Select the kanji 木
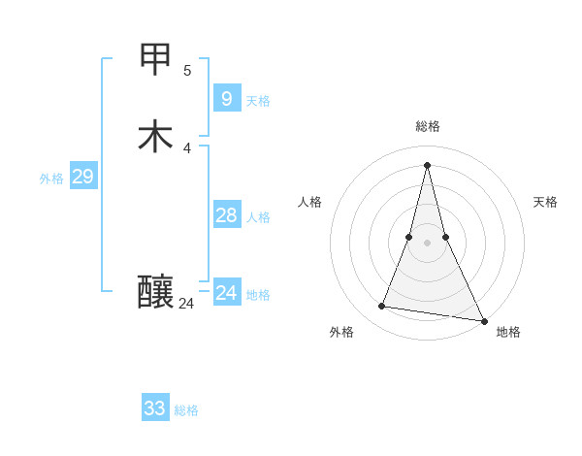[x=155, y=136]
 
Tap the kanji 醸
[x=155, y=291]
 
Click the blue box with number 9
[x=226, y=98]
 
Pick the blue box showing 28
[x=226, y=215]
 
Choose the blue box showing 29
[x=82, y=177]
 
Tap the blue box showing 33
[x=155, y=408]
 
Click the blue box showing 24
[x=226, y=292]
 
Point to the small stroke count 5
[x=187, y=70]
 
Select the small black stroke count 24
[x=186, y=304]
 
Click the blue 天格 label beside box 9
[x=258, y=101]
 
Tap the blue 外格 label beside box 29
[x=51, y=179]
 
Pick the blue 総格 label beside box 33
[x=186, y=410]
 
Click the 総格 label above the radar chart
[x=428, y=126]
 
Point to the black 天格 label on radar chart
[x=545, y=202]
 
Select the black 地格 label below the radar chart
[x=508, y=332]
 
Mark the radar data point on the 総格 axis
[x=428, y=164]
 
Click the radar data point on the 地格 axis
[x=485, y=321]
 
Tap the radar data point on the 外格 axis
[x=382, y=307]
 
